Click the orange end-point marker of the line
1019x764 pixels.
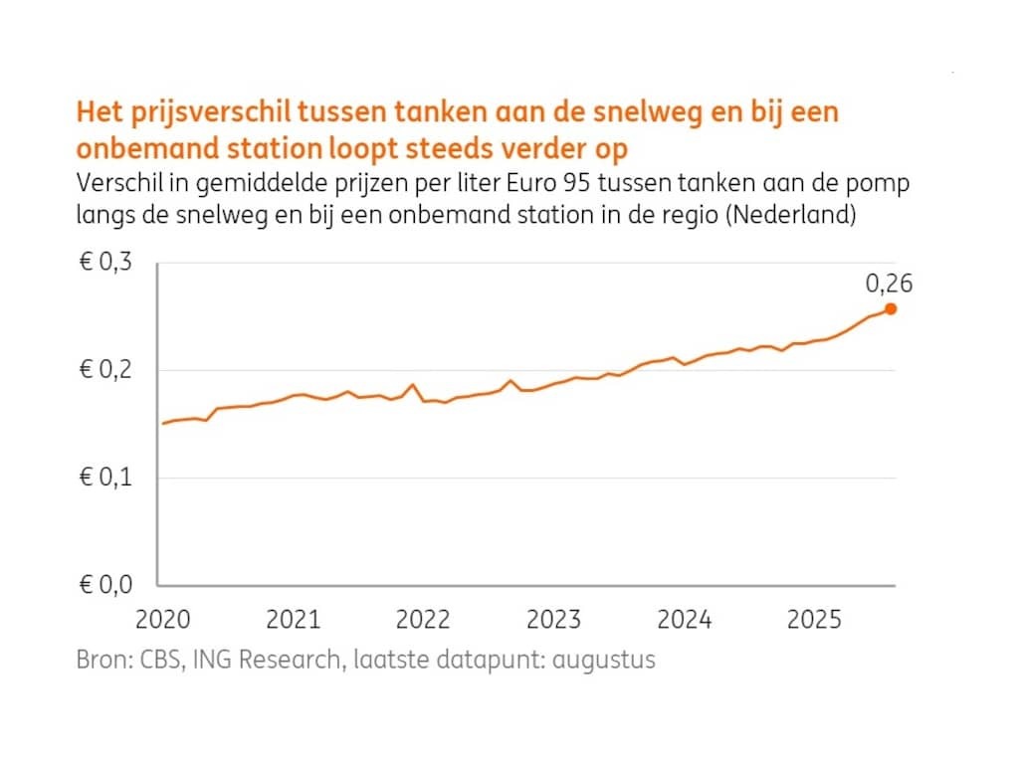tap(891, 308)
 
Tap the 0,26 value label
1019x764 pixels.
tap(888, 284)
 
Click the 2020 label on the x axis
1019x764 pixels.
tap(162, 620)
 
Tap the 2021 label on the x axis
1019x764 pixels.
tap(293, 620)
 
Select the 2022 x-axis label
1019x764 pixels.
tap(423, 620)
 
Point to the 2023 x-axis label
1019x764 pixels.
tap(553, 620)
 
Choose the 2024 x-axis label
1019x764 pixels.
tap(684, 620)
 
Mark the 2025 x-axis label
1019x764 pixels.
tap(814, 620)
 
